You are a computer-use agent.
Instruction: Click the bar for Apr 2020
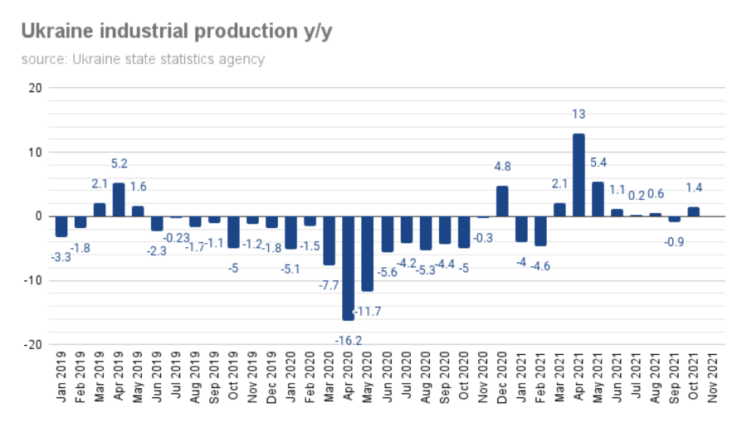tap(348, 268)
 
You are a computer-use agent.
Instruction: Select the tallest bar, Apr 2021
tap(579, 175)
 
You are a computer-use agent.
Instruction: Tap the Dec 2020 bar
tap(502, 202)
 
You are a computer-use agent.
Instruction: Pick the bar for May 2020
tap(367, 254)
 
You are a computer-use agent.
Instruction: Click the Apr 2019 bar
tap(119, 200)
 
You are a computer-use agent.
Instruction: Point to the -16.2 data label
tap(348, 340)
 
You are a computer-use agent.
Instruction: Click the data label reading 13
tap(579, 114)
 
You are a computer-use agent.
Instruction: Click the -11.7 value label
tap(369, 311)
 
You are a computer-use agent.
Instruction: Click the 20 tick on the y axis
tap(34, 88)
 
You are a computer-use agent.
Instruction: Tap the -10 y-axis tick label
tap(32, 280)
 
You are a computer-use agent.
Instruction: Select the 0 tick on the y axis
tap(37, 216)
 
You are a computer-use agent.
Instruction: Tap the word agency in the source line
tap(241, 60)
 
